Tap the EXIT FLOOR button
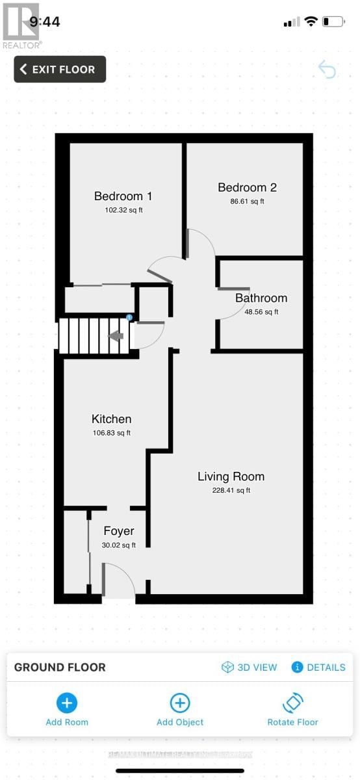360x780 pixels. (60, 70)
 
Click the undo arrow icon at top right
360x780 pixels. (327, 70)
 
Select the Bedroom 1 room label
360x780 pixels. (123, 196)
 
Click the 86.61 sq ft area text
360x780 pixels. (248, 201)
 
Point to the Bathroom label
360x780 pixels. (261, 298)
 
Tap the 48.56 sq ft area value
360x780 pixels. (261, 312)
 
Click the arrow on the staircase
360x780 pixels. (116, 336)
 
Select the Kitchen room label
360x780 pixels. (112, 419)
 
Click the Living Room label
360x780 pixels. (231, 476)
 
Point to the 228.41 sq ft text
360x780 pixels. (231, 491)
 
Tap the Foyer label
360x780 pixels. (119, 531)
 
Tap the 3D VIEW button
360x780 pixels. (250, 668)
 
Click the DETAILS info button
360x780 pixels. (318, 668)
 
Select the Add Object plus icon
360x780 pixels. (180, 703)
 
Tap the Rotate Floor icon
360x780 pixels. (293, 703)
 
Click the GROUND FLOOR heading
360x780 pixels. (60, 668)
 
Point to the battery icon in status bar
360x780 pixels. (333, 21)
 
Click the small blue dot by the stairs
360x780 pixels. (129, 317)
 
